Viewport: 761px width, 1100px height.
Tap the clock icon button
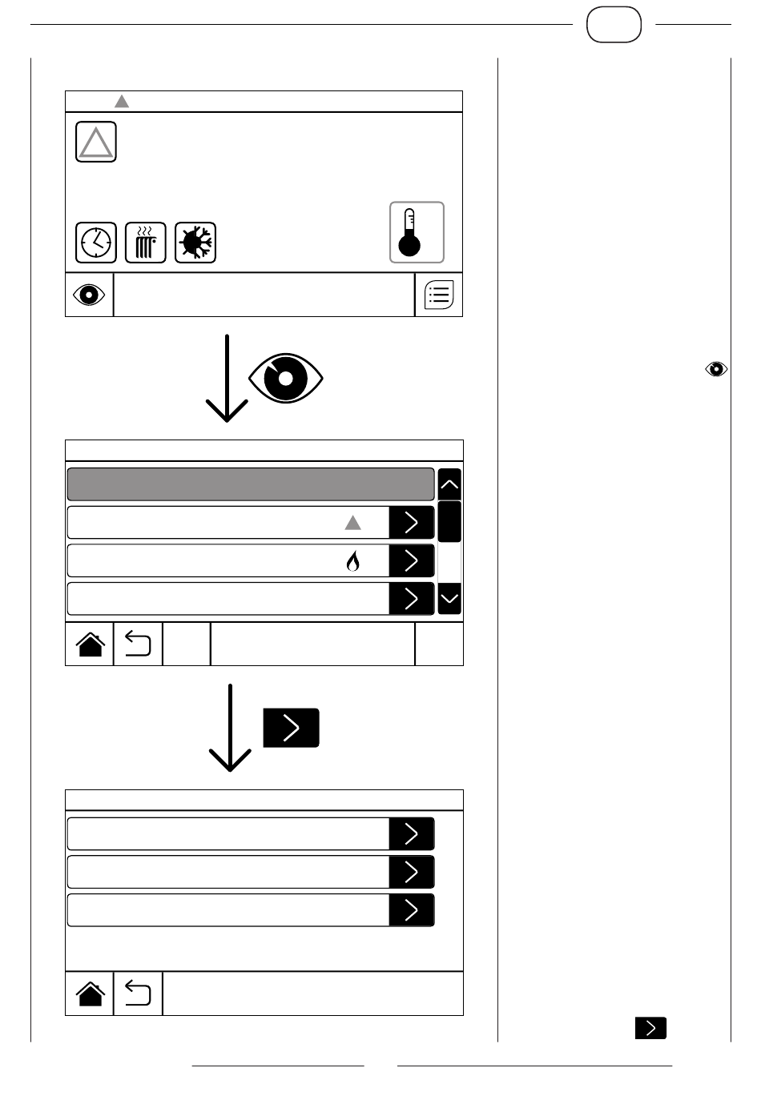point(96,243)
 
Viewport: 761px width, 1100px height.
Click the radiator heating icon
point(146,243)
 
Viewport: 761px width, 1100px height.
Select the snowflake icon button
point(195,243)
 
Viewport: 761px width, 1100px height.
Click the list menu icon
point(439,295)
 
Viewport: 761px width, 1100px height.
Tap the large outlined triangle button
point(96,143)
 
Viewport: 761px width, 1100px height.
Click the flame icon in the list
point(352,562)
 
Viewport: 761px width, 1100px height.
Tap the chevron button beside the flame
point(412,560)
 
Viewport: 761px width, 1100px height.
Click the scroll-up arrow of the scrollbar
point(450,484)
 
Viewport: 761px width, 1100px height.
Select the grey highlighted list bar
point(250,484)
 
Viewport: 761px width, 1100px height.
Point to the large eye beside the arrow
point(286,377)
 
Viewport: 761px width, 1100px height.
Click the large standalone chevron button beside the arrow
point(292,728)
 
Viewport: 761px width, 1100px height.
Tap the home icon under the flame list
point(90,644)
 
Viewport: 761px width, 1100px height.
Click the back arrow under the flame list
point(138,644)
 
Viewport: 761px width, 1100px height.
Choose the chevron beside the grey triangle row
point(412,523)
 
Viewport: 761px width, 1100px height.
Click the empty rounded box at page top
point(614,25)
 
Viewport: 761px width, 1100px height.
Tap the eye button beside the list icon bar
point(89,295)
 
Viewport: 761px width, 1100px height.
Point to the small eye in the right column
point(716,369)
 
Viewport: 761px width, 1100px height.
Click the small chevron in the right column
point(650,1028)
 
